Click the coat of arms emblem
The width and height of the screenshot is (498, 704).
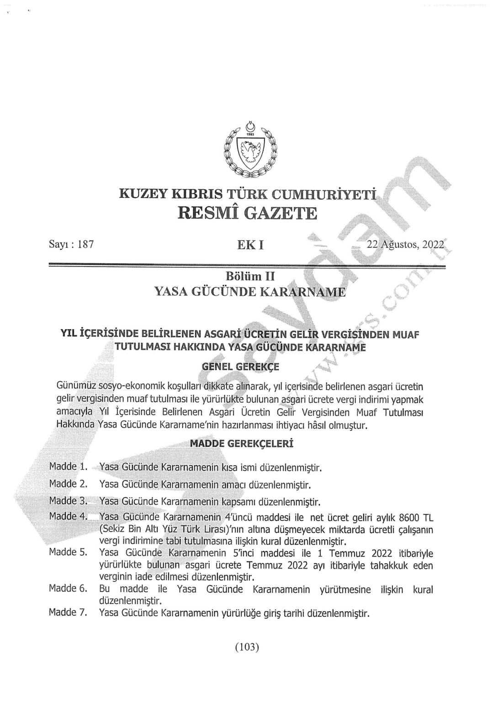pos(249,150)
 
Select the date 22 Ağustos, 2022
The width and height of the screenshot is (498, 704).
pos(405,245)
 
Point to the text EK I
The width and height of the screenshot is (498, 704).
pos(250,245)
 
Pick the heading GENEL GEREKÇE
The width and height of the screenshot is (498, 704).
pos(240,366)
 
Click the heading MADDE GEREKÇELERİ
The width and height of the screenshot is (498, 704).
pos(241,443)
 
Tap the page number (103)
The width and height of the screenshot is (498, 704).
pos(247,646)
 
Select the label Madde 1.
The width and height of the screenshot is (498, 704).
pos(68,467)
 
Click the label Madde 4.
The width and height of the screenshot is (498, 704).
pos(68,516)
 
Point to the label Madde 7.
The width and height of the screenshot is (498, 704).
pos(68,612)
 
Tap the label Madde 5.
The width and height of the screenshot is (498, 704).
pos(68,552)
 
